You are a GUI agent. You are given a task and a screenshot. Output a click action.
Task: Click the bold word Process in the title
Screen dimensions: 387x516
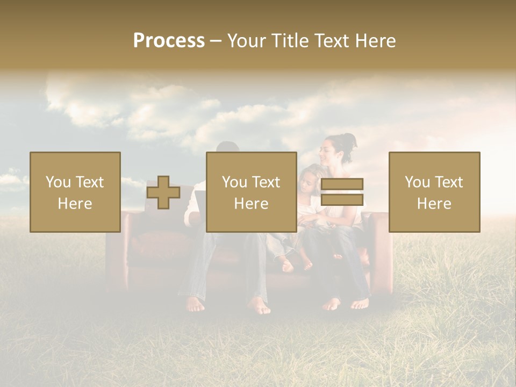tap(169, 41)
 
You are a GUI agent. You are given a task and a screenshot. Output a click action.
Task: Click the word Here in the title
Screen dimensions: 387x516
tap(374, 41)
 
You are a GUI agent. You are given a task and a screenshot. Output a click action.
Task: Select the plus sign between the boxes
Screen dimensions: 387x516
tap(163, 193)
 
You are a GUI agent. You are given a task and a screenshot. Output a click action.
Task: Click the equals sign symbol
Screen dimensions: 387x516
tap(342, 192)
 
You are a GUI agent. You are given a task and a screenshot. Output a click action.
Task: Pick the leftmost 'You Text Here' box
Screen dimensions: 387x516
tap(75, 192)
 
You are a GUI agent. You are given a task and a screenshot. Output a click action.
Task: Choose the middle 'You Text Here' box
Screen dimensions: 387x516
tap(251, 192)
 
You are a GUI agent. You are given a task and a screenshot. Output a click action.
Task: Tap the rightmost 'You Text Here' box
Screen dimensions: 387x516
tap(434, 192)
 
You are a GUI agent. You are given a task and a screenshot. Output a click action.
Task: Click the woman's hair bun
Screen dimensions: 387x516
tap(350, 141)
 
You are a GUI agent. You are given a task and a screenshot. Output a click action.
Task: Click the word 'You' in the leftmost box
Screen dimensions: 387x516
tap(58, 182)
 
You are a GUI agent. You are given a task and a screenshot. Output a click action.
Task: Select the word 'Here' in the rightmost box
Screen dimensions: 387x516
tap(434, 203)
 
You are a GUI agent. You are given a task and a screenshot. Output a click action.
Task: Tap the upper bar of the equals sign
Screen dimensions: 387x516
tap(342, 184)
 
